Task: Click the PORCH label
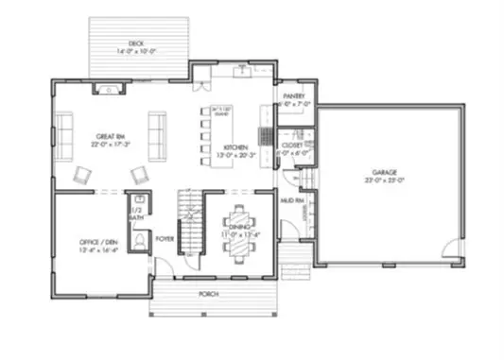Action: point(209,294)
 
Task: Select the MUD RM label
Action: point(292,201)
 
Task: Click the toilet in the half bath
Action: point(139,241)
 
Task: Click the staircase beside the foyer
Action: point(192,225)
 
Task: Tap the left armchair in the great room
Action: point(85,174)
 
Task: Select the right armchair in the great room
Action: point(140,174)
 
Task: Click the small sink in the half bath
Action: point(139,200)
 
